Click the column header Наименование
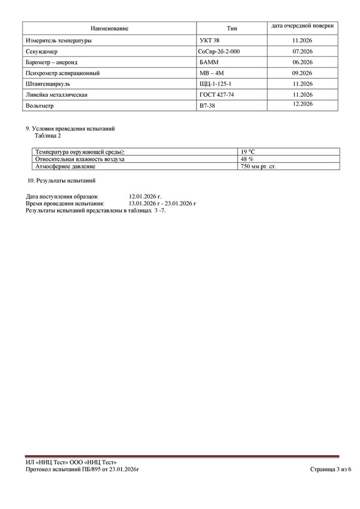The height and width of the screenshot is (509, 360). (x=109, y=29)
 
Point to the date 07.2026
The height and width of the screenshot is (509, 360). (x=302, y=51)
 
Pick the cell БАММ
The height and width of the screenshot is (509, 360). (x=210, y=62)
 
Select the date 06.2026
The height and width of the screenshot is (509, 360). (x=302, y=62)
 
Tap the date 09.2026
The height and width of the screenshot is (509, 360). (x=302, y=73)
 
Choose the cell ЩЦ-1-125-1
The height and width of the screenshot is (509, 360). (x=217, y=84)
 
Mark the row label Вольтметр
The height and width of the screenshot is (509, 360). (x=39, y=106)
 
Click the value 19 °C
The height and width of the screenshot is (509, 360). (x=250, y=152)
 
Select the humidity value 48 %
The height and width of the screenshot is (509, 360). (x=247, y=159)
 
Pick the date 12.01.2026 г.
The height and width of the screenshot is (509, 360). (x=145, y=196)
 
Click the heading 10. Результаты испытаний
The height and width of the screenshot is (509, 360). (x=61, y=180)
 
